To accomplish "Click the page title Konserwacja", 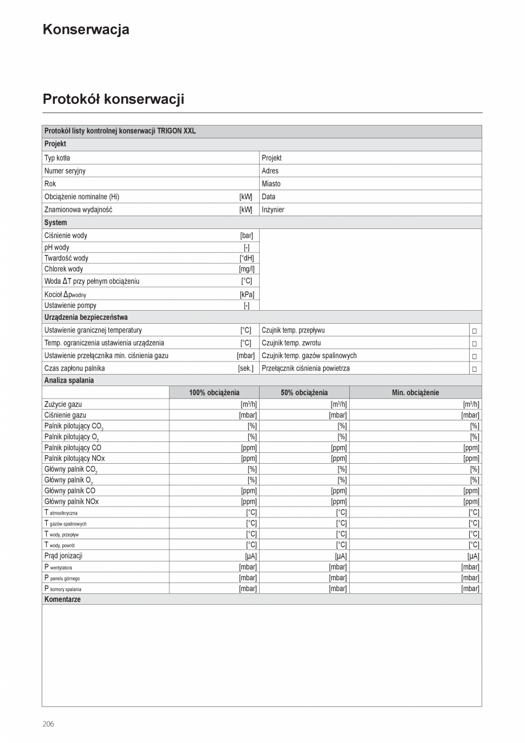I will [x=86, y=30].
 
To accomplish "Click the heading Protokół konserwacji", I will [x=113, y=99].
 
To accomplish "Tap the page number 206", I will [x=49, y=724].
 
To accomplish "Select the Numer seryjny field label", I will [x=65, y=171].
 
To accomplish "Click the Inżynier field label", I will [x=273, y=210].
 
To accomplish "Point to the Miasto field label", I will [x=271, y=184].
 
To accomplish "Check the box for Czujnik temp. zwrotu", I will [x=474, y=343].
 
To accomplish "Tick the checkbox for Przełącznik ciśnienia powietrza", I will [x=474, y=369].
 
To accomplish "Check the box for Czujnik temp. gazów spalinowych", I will [x=474, y=356].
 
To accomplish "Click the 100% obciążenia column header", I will [x=214, y=392].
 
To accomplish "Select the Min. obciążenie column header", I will [x=415, y=392].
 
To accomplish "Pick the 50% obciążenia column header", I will [x=304, y=392].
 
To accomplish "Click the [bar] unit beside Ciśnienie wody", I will [x=247, y=235].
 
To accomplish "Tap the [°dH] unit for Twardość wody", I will [x=247, y=258].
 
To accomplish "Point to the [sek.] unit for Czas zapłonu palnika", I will [x=245, y=368].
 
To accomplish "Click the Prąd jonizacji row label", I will [x=63, y=556].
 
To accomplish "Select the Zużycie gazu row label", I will [x=63, y=404].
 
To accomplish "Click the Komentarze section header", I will [x=62, y=600].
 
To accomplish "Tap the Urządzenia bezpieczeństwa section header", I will [x=86, y=317].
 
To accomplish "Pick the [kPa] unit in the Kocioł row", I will [x=247, y=295].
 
